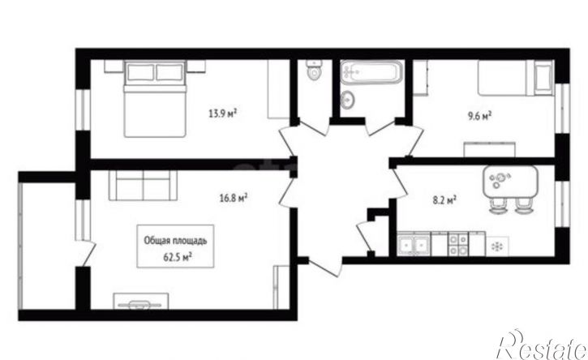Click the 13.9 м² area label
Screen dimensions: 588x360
tap(223, 113)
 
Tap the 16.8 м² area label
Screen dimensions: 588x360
tap(234, 197)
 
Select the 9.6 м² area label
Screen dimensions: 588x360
tap(479, 116)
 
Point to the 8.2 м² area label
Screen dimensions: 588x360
tap(444, 200)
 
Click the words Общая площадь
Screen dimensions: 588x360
tap(175, 240)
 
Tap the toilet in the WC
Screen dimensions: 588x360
tap(314, 70)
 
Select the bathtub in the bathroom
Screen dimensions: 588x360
tap(371, 72)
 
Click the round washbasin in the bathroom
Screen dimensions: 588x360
tap(349, 100)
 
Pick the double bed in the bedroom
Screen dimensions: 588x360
tap(155, 99)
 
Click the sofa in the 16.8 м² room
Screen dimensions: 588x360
tap(143, 186)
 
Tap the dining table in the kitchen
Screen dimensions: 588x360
tap(510, 182)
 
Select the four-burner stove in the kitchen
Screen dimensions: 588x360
tap(458, 244)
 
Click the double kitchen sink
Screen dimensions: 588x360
tap(414, 244)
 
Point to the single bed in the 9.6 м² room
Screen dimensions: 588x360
tap(516, 78)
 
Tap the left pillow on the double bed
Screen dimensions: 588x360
tap(140, 72)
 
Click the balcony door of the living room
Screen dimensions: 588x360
tap(88, 253)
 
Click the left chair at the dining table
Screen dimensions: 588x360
tap(498, 206)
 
